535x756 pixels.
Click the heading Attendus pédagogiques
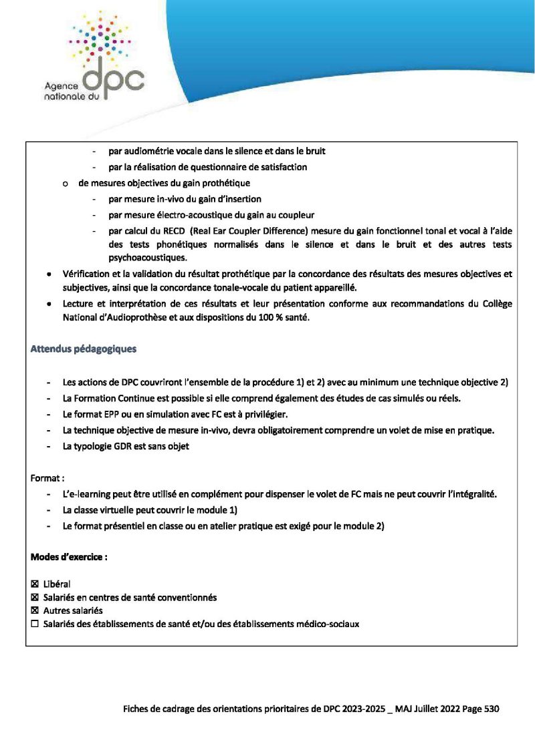pos(84,349)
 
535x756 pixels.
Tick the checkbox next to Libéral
pos(35,584)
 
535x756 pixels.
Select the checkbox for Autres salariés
pos(35,610)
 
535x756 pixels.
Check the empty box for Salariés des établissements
pos(35,624)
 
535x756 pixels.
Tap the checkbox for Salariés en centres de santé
pos(35,597)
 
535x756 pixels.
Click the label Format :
pos(47,478)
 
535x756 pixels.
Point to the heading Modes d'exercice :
pos(70,556)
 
